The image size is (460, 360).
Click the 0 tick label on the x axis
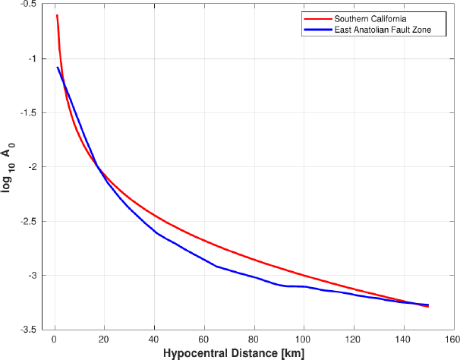click(x=54, y=339)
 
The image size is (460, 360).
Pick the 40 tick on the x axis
click(x=154, y=339)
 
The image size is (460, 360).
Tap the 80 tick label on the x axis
click(x=254, y=339)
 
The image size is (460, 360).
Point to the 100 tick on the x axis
click(x=304, y=339)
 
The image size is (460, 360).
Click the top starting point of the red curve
click(x=57, y=15)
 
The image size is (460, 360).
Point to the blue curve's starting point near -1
click(x=57, y=68)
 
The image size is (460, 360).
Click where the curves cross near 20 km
click(x=99, y=168)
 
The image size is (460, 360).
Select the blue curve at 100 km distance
click(x=304, y=286)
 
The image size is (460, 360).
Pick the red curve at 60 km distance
click(x=203, y=242)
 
